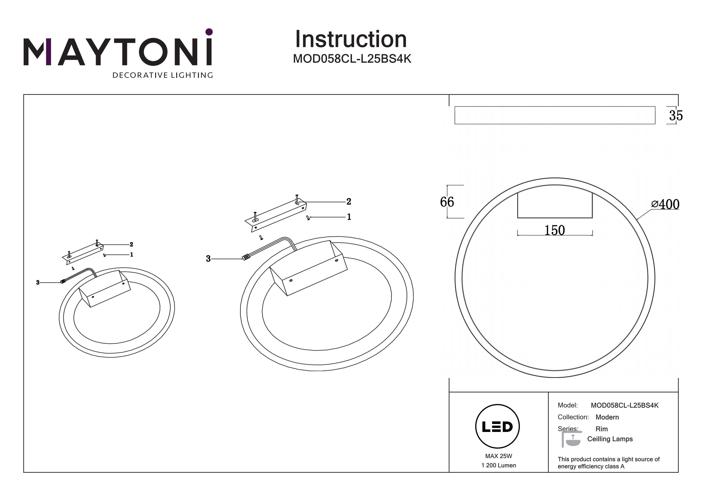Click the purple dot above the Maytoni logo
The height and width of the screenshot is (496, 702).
(x=209, y=32)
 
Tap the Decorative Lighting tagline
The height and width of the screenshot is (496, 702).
(x=163, y=75)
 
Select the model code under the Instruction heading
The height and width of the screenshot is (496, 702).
(x=352, y=59)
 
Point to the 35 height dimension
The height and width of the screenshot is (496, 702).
(x=676, y=116)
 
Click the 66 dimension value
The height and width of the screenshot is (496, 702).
(x=447, y=202)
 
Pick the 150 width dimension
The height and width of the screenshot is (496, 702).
(x=555, y=230)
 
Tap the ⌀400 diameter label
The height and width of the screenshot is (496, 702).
(x=665, y=204)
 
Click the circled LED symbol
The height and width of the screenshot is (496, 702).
(x=497, y=426)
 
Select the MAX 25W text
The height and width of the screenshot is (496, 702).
(x=499, y=456)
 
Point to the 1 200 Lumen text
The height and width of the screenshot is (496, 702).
(x=499, y=465)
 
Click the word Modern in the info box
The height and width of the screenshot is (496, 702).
(x=607, y=417)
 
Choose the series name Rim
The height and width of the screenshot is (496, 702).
(x=602, y=429)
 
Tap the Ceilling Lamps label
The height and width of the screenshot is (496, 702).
(x=610, y=439)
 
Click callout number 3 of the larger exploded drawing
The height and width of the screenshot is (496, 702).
(x=208, y=259)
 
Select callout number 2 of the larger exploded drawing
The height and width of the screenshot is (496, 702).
(x=349, y=202)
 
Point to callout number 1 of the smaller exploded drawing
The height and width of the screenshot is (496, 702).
(x=132, y=255)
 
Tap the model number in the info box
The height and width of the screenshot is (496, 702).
(x=625, y=405)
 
